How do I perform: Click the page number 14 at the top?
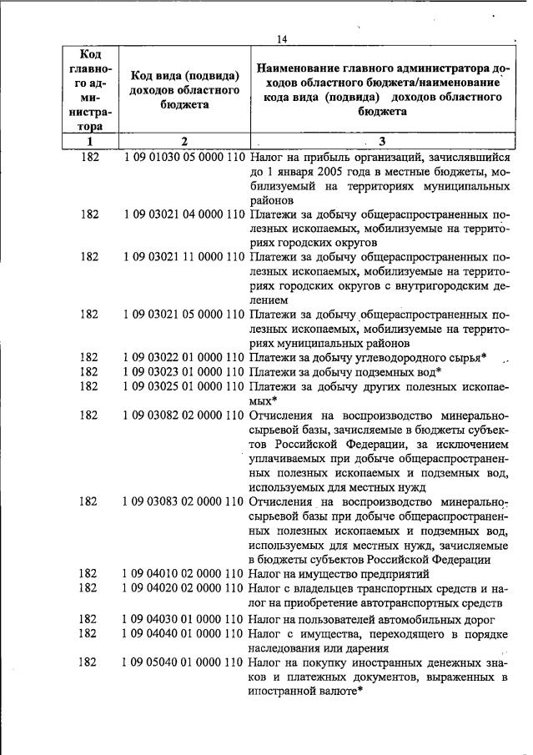coord(281,38)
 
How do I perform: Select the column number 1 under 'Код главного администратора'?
coord(90,141)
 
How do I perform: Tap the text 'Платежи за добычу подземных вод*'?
coord(345,371)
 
